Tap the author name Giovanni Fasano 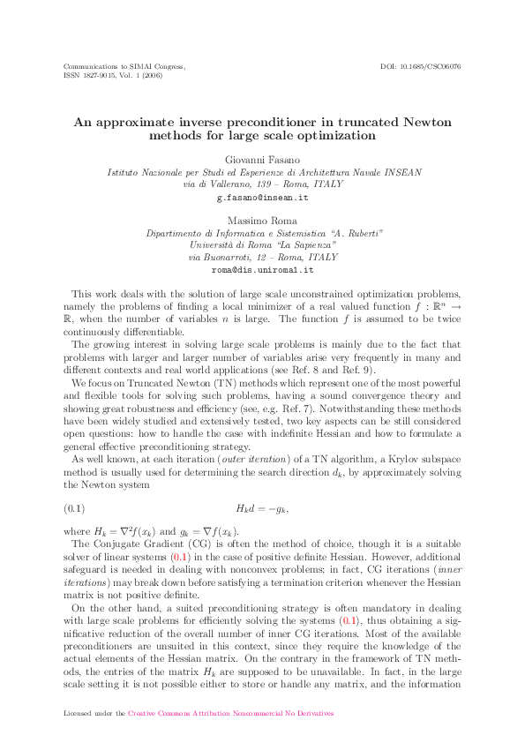[x=263, y=159]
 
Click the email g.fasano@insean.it [x=263, y=200]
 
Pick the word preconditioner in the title [x=252, y=121]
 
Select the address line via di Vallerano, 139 [x=263, y=185]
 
